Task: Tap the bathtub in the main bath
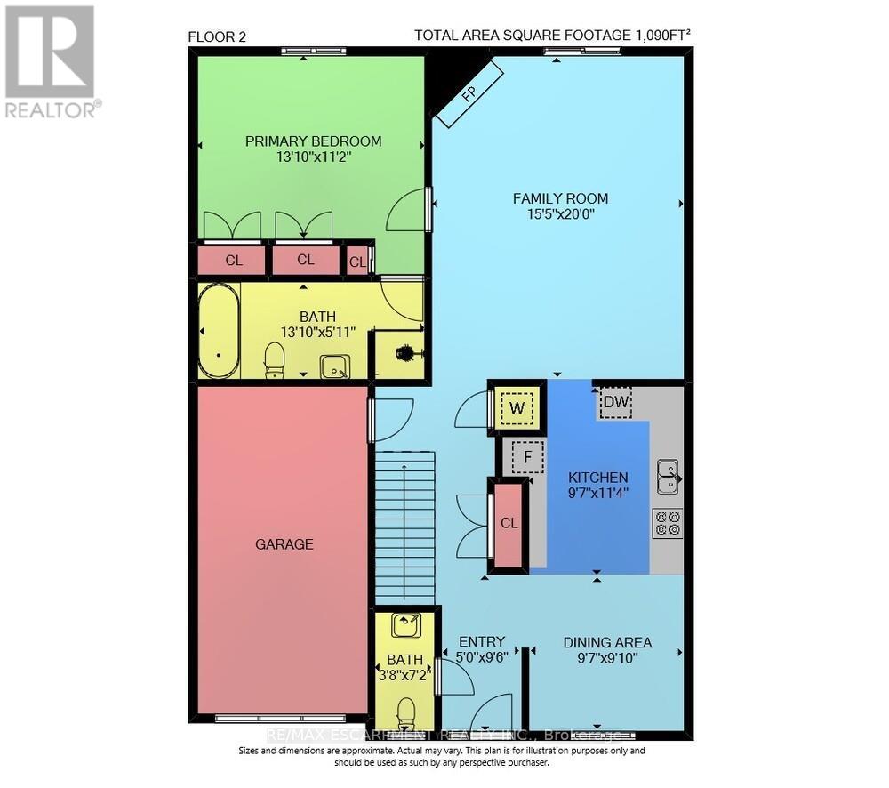tap(219, 331)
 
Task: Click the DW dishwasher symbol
tap(614, 402)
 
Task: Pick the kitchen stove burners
tap(668, 522)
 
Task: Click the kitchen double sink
tap(668, 477)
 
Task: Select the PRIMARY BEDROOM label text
tap(314, 141)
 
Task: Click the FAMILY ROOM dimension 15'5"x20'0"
tap(560, 214)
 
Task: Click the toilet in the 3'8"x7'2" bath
tap(406, 712)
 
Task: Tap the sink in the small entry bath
tap(408, 624)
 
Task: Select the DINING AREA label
tap(607, 642)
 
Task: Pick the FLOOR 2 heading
tap(217, 36)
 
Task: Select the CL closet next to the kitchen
tap(509, 523)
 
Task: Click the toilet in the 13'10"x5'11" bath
tap(275, 359)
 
